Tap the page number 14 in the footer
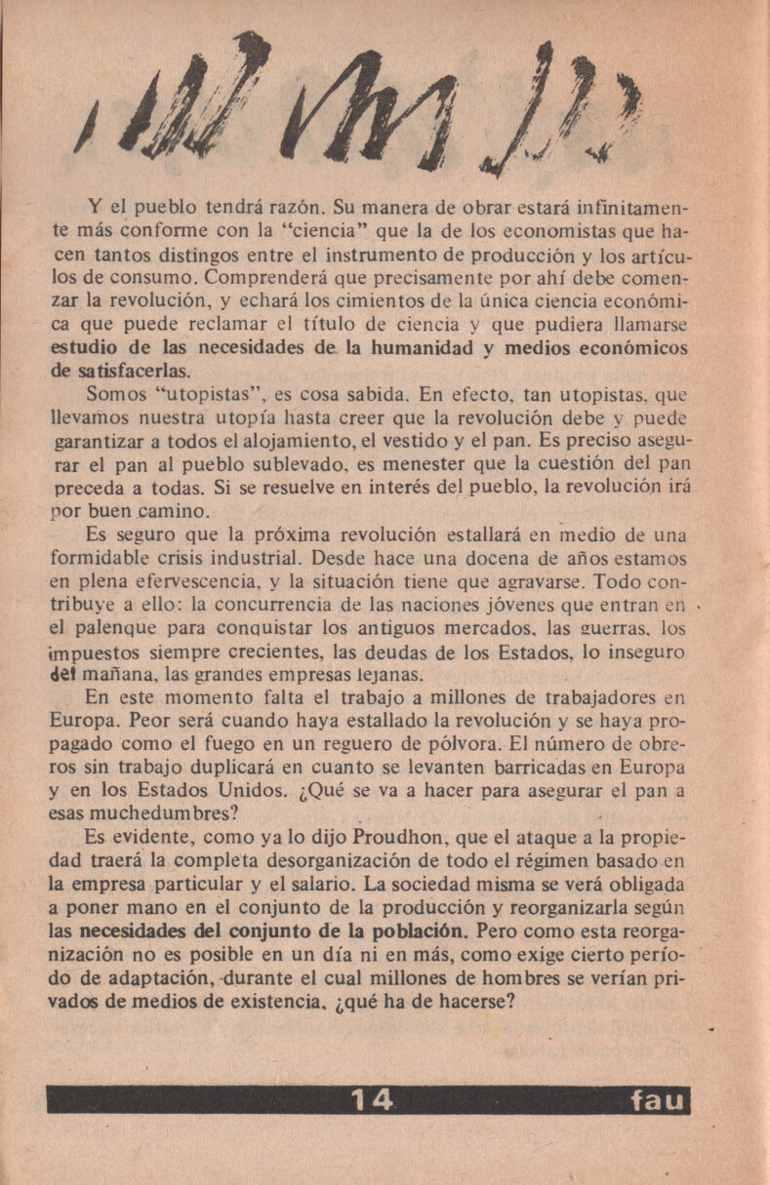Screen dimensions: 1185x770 pyautogui.click(x=372, y=1100)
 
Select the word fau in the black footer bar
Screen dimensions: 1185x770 pyautogui.click(x=659, y=1102)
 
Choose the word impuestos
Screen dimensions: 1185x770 pyautogui.click(x=98, y=652)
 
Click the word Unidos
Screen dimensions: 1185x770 pyautogui.click(x=243, y=790)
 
